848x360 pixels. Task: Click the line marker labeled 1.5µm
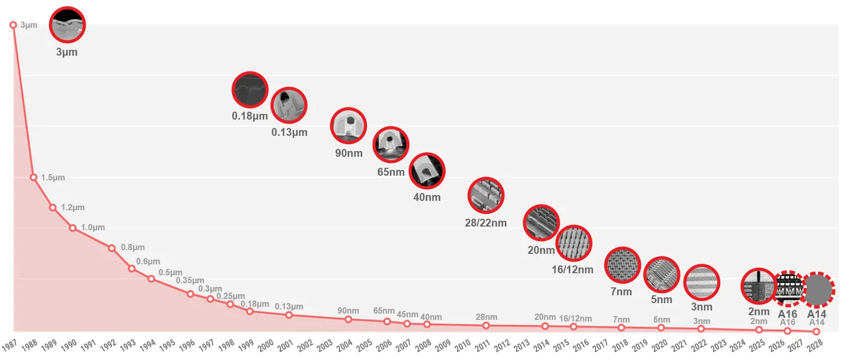[33, 177]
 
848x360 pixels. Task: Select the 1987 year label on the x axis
[9, 345]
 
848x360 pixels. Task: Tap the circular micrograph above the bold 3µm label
[67, 24]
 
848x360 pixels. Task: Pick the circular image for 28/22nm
[486, 195]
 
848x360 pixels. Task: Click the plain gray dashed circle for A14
[817, 290]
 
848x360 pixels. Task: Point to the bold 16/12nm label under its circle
[572, 269]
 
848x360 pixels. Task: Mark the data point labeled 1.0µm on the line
[73, 228]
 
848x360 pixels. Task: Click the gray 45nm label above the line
[407, 314]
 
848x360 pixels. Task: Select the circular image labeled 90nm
[348, 125]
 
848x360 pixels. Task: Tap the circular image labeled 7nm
[622, 265]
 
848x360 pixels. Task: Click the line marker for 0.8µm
[111, 248]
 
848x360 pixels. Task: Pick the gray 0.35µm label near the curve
[190, 280]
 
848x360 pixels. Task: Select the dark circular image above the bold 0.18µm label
[250, 90]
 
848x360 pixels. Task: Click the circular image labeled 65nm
[391, 145]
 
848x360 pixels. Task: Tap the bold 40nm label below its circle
[427, 197]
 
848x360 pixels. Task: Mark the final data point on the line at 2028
[816, 332]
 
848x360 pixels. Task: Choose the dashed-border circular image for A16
[788, 289]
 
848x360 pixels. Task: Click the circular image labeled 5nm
[662, 275]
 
